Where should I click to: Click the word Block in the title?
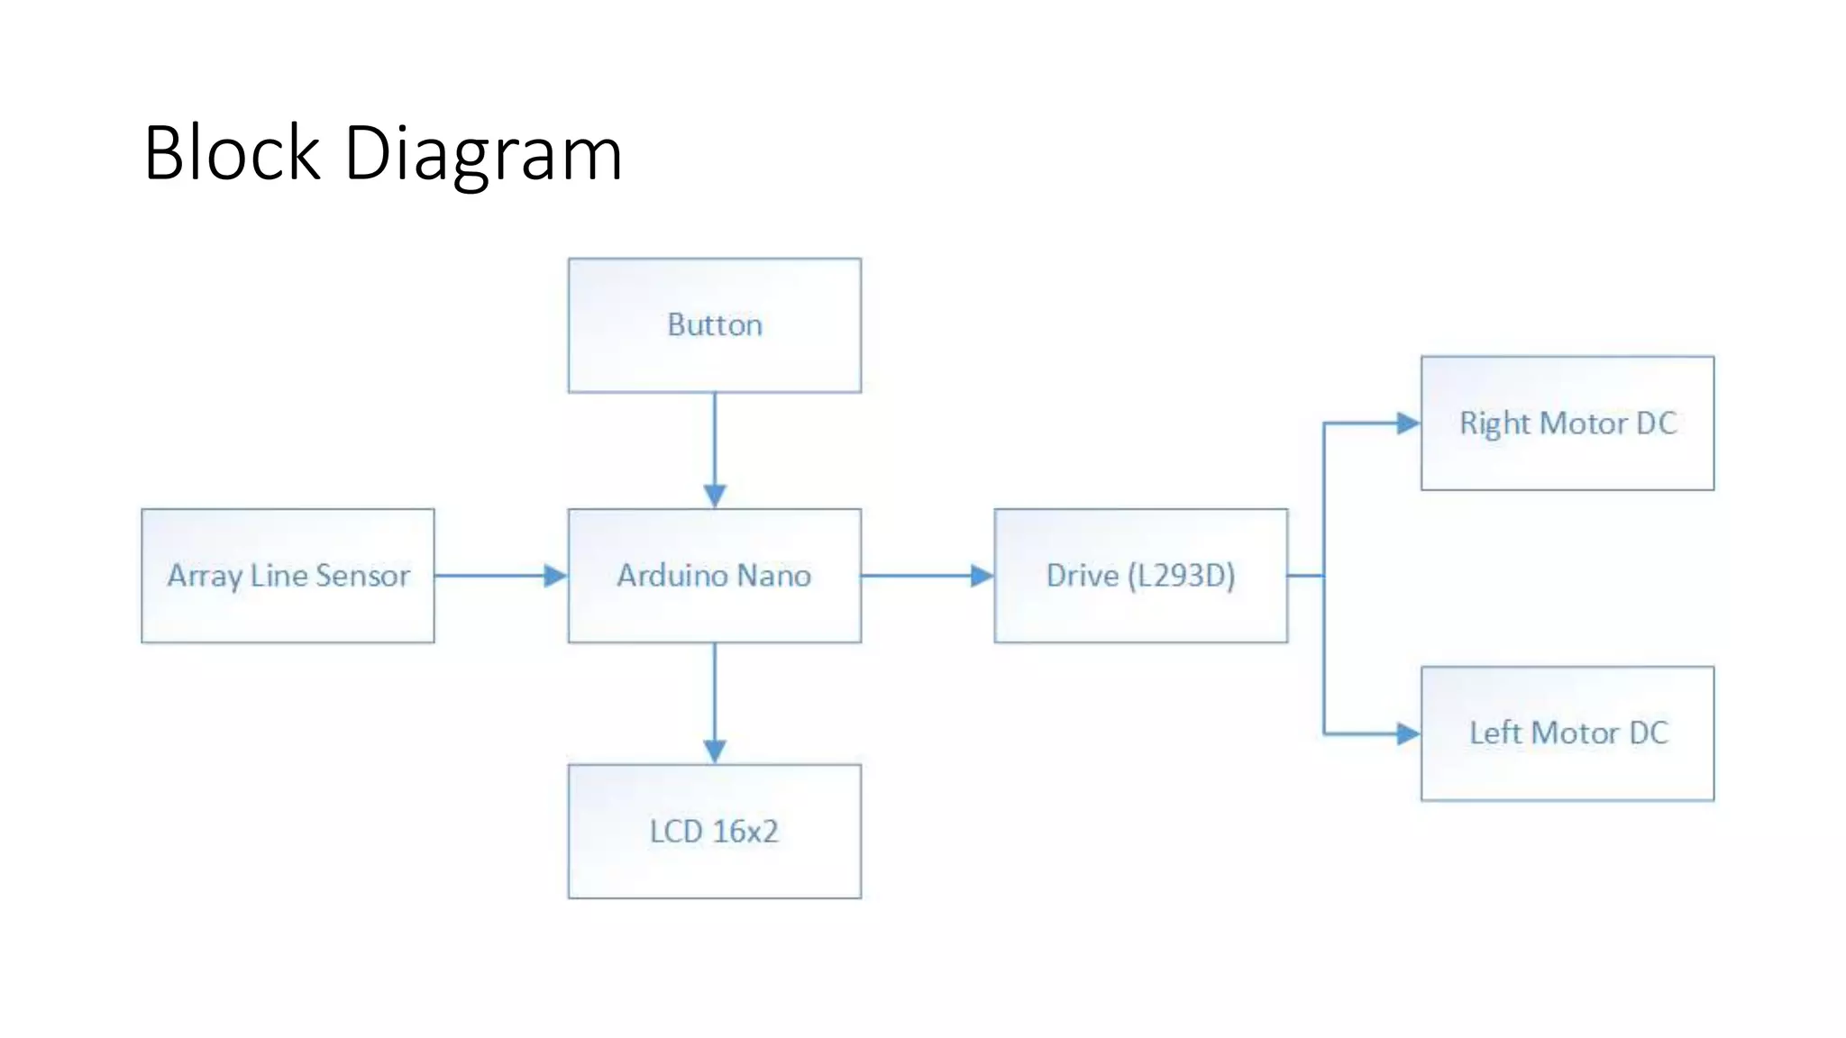pyautogui.click(x=232, y=153)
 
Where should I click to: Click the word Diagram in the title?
pyautogui.click(x=483, y=155)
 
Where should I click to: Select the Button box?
pyautogui.click(x=714, y=325)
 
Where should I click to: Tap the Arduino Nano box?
pyautogui.click(x=714, y=576)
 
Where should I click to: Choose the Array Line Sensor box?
pyautogui.click(x=288, y=576)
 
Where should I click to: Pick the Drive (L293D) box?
pyautogui.click(x=1140, y=576)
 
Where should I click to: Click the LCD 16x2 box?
pyautogui.click(x=714, y=831)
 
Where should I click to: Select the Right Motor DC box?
pyautogui.click(x=1567, y=423)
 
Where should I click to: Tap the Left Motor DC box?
pyautogui.click(x=1567, y=733)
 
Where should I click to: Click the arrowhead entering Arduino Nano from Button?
pyautogui.click(x=715, y=496)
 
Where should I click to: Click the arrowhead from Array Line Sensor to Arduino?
pyautogui.click(x=555, y=576)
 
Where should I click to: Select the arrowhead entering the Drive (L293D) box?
pyautogui.click(x=982, y=576)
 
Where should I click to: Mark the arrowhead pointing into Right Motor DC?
pyautogui.click(x=1408, y=423)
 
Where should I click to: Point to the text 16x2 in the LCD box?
pyautogui.click(x=745, y=831)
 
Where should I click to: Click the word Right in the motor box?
pyautogui.click(x=1494, y=423)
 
